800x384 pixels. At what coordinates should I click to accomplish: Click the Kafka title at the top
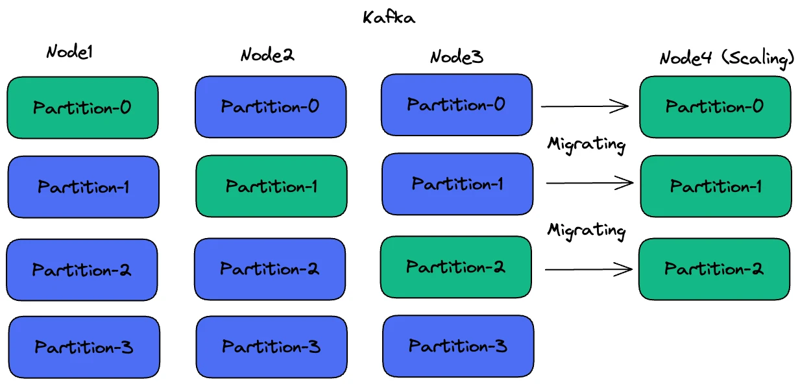click(x=389, y=18)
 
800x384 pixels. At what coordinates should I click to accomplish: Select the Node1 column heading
click(x=69, y=53)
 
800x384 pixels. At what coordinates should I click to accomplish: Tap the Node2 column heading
click(x=267, y=55)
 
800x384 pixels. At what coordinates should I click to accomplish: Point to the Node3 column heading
click(x=457, y=57)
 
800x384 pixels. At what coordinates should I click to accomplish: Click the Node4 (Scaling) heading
click(x=727, y=58)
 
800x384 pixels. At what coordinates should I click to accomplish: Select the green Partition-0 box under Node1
click(x=82, y=108)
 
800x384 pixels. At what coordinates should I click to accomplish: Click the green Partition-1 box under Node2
click(x=271, y=186)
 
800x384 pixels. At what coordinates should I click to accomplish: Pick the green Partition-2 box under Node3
click(x=455, y=267)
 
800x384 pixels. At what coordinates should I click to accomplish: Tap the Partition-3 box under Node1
click(x=84, y=347)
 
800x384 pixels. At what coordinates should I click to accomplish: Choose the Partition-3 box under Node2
click(x=271, y=346)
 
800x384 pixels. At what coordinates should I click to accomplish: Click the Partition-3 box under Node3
click(x=458, y=346)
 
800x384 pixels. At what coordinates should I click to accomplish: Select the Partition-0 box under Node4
click(x=715, y=107)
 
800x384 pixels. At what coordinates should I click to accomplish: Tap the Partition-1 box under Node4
click(x=716, y=186)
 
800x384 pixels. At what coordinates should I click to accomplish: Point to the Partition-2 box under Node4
click(x=714, y=269)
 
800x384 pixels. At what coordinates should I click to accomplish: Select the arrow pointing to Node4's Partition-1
click(x=589, y=184)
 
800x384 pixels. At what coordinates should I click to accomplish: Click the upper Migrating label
click(x=587, y=144)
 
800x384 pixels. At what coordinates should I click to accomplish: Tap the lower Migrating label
click(x=587, y=230)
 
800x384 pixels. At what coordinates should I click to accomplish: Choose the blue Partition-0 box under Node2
click(x=271, y=107)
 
